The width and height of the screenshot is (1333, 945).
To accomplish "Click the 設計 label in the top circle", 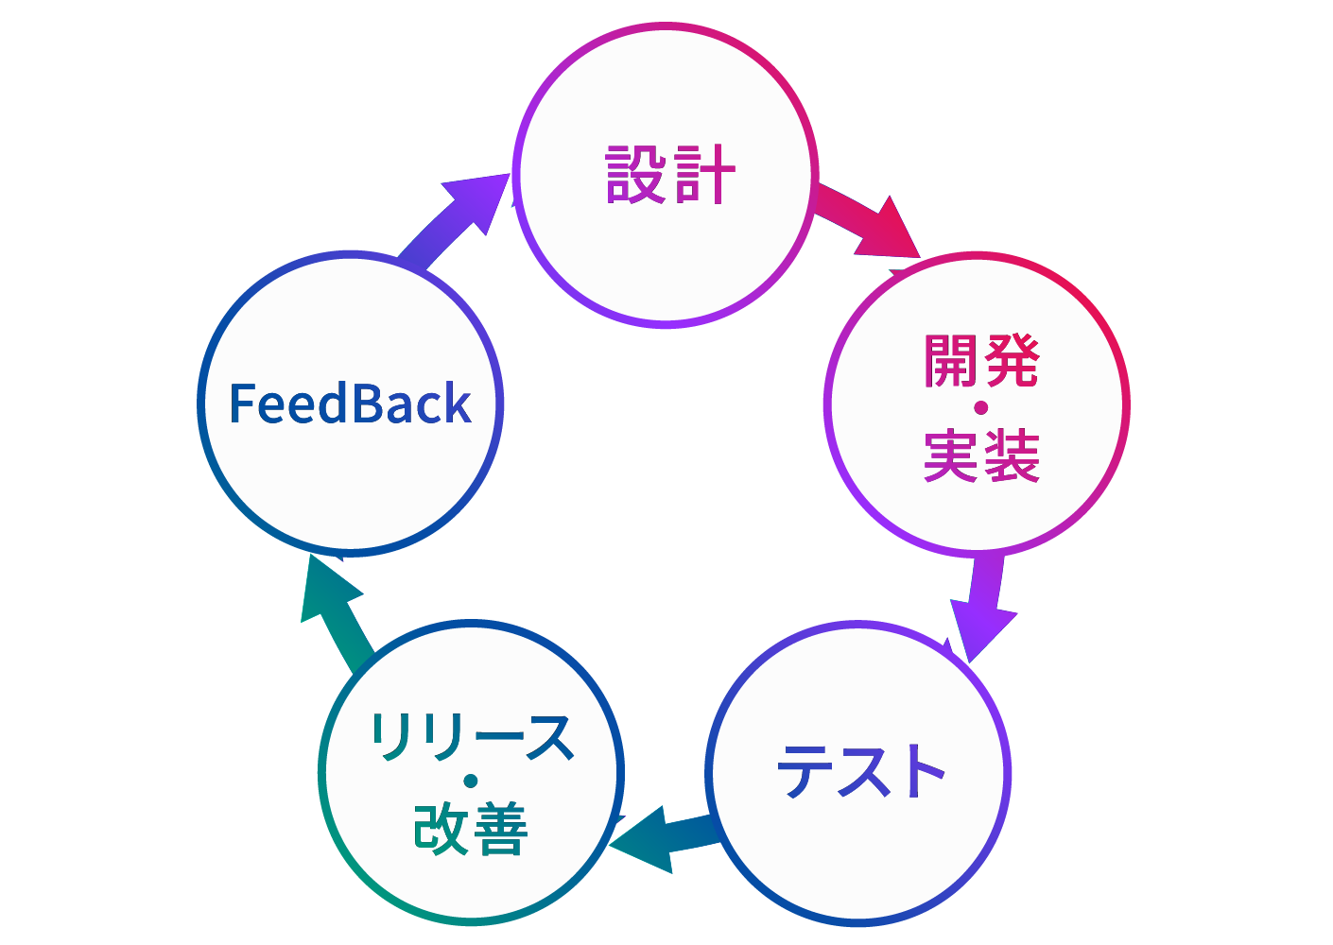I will pyautogui.click(x=669, y=175).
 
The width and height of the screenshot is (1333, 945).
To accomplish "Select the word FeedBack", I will pyautogui.click(x=350, y=404).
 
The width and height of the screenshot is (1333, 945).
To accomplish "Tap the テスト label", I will pyautogui.click(x=860, y=771).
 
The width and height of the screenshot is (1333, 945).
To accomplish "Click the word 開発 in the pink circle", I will pyautogui.click(x=981, y=361).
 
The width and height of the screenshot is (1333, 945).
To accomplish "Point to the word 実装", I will pyautogui.click(x=981, y=455).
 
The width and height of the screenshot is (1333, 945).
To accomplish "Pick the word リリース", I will pyautogui.click(x=471, y=736).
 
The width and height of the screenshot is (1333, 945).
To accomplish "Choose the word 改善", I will pyautogui.click(x=471, y=829).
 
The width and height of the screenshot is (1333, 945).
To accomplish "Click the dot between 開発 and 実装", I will pyautogui.click(x=980, y=408).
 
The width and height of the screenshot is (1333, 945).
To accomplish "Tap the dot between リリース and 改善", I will pyautogui.click(x=471, y=782).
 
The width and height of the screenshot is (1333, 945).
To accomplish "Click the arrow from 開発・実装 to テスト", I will pyautogui.click(x=982, y=605).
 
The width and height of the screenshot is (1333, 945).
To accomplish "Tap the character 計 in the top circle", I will pyautogui.click(x=703, y=175).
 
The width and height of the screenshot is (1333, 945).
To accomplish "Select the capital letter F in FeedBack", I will pyautogui.click(x=241, y=404).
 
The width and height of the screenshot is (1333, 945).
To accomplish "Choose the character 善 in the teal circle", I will pyautogui.click(x=500, y=829).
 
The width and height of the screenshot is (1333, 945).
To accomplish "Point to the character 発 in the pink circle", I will pyautogui.click(x=1011, y=361).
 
